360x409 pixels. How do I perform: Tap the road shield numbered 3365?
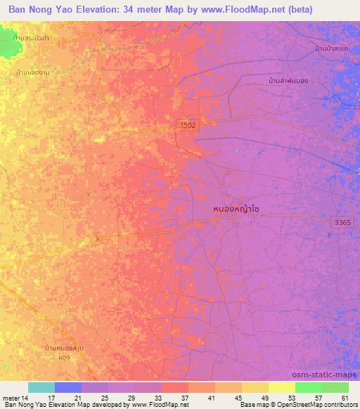pyautogui.click(x=342, y=222)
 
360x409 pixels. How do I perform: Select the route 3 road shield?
pyautogui.click(x=96, y=240)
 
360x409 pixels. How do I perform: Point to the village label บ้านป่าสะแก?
pyautogui.click(x=332, y=48)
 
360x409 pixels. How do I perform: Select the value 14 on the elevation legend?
pyautogui.click(x=25, y=397)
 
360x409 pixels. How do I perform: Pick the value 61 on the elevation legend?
pyautogui.click(x=345, y=397)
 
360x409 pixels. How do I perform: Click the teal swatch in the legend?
pyautogui.click(x=41, y=387)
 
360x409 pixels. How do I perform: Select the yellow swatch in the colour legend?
pyautogui.click(x=282, y=387)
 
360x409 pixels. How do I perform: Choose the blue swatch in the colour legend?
pyautogui.click(x=68, y=387)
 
